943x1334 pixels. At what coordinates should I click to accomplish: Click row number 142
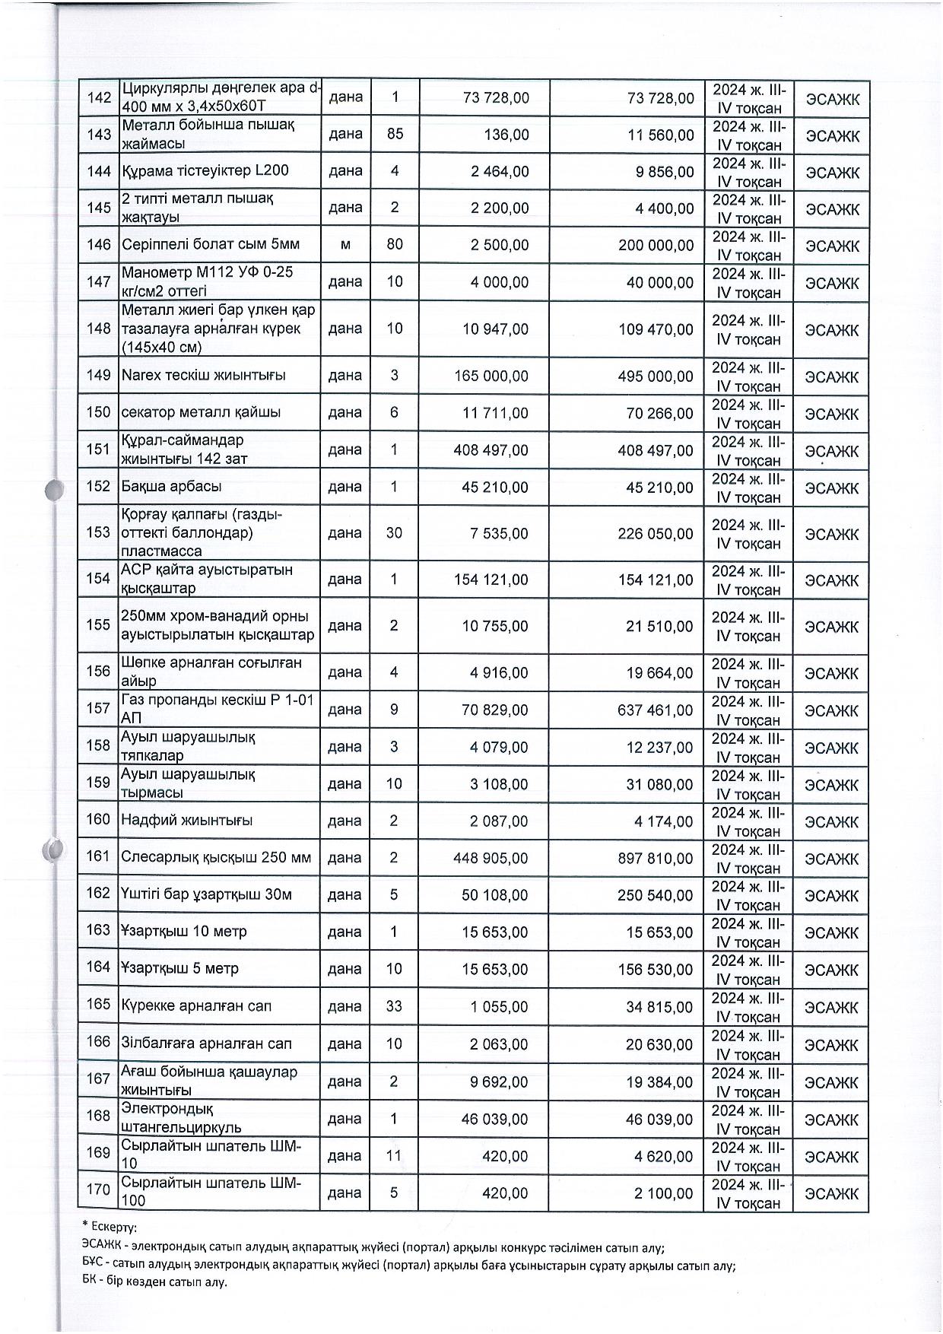99,98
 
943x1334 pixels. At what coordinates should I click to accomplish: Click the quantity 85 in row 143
394,135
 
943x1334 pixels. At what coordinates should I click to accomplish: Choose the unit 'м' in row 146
345,245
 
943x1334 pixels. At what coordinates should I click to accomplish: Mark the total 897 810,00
655,859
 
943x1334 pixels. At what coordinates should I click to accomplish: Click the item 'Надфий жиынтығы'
187,821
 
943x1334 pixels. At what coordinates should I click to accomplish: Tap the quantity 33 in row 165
394,1006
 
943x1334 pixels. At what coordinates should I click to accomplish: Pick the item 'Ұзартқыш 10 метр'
183,932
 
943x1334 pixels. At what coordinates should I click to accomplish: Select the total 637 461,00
655,710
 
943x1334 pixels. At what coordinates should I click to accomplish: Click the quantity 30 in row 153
394,533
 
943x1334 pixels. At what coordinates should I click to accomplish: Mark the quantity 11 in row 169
394,1156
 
